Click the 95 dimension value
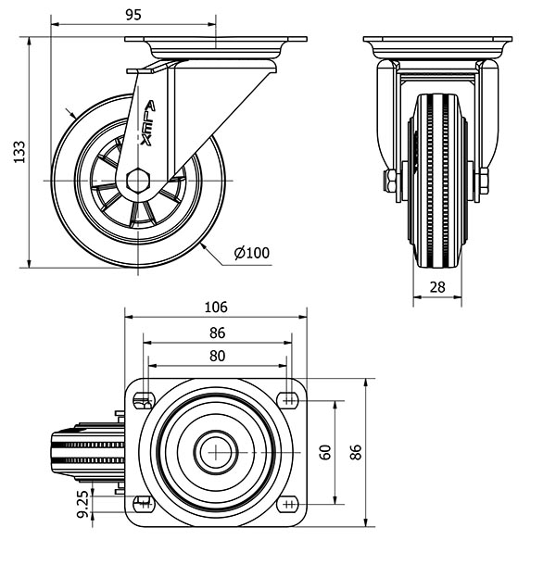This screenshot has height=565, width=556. pos(133,15)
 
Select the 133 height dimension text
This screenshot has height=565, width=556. pos(19,152)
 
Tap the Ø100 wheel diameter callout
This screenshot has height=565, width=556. pos(252,253)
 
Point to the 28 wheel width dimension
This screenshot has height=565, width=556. pos(437,287)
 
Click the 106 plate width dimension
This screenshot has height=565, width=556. pos(216,307)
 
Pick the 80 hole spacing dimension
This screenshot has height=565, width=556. pos(217,356)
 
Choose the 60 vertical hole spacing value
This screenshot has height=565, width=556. pos(325,452)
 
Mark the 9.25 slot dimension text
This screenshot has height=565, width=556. pos(82,504)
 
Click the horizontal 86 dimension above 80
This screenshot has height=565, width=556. pos(218,333)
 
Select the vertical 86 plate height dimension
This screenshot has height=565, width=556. pos(356,452)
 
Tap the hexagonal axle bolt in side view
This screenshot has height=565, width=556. pos(138,181)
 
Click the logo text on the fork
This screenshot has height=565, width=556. pos(147,123)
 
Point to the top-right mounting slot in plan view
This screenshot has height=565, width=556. pos(288,400)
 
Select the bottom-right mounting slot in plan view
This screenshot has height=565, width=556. pos(288,504)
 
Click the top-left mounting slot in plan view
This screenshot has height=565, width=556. pos(144,401)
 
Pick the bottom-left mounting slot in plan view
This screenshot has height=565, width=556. pos(144,504)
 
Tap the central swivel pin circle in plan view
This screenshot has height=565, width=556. pos(216,452)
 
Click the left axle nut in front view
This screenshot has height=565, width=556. pos(390,181)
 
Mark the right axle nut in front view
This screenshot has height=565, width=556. pos(484,181)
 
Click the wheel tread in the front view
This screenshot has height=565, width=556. pos(437,181)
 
